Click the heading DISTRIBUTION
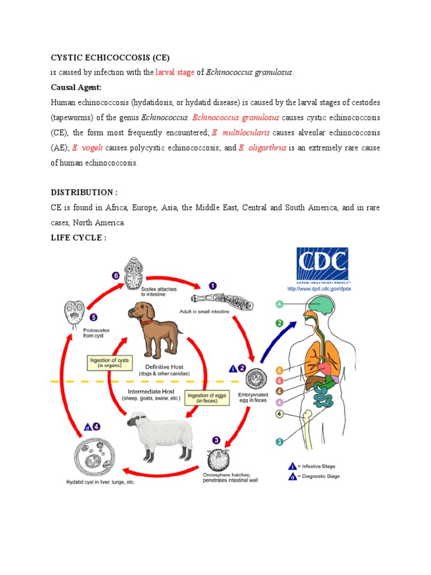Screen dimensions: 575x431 tap(84, 193)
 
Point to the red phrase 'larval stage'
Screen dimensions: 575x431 tap(175, 72)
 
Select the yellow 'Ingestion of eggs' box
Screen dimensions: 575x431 tap(207, 399)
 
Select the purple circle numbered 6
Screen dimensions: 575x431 tap(116, 276)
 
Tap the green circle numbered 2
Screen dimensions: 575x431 tap(278, 323)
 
